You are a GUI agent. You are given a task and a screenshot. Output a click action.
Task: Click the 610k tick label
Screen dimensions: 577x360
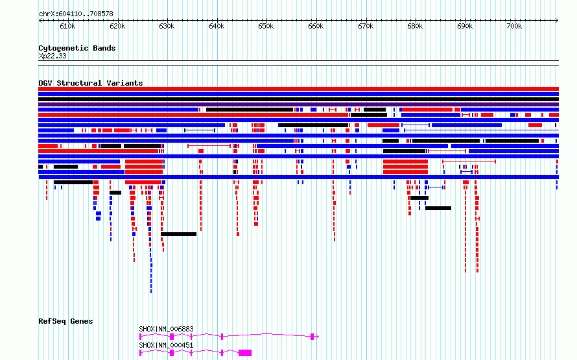click(x=67, y=26)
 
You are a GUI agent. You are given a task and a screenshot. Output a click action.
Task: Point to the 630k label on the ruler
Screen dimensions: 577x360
click(x=167, y=26)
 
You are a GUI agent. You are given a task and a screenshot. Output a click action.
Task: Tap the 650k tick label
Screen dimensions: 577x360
click(x=266, y=26)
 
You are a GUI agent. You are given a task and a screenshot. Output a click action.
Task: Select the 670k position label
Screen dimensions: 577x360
click(x=366, y=26)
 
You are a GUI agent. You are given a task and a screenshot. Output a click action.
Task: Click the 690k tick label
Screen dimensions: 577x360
click(x=465, y=26)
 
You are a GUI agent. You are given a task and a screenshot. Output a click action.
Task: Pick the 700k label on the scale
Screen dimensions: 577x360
click(x=515, y=26)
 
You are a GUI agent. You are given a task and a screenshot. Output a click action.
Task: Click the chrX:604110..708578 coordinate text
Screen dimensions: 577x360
click(x=76, y=14)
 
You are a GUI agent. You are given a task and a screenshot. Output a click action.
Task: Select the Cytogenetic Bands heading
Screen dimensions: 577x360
click(x=77, y=48)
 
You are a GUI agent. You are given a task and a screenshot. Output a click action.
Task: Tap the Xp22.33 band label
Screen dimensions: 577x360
click(x=53, y=56)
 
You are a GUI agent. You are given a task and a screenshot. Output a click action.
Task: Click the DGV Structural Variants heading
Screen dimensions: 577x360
click(x=91, y=83)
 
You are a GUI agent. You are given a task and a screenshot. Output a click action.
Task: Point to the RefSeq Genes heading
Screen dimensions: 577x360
click(x=65, y=321)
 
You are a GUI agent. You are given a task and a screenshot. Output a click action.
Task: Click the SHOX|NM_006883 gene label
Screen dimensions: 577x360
click(x=167, y=329)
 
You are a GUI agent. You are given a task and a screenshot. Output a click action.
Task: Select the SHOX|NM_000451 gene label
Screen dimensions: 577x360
click(x=167, y=345)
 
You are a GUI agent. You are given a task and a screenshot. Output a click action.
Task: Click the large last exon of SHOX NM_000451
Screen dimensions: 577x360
click(x=245, y=353)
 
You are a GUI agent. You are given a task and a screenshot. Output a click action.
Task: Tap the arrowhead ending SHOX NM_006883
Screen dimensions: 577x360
click(x=317, y=337)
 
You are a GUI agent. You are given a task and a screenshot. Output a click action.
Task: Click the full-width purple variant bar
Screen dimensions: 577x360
click(x=298, y=104)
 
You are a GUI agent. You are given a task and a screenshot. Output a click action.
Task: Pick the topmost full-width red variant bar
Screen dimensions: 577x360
click(x=298, y=89)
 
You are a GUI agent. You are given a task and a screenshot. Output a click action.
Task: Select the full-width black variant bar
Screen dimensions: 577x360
click(x=298, y=99)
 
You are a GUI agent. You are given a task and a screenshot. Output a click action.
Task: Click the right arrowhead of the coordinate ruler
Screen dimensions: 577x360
click(x=557, y=21)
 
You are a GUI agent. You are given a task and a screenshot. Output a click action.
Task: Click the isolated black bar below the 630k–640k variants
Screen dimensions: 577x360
click(x=178, y=234)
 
